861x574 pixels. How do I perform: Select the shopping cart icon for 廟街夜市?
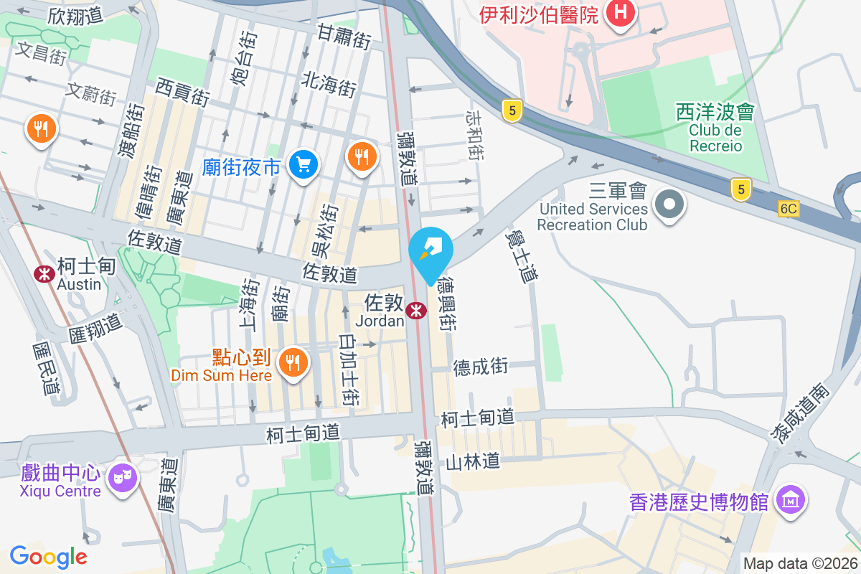point(303,166)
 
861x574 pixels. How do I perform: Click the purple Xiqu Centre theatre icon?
point(122,476)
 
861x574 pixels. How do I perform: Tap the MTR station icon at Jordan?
point(415,311)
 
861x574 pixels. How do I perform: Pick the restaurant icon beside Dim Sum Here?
point(293,362)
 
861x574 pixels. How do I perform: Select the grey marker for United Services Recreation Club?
point(669,204)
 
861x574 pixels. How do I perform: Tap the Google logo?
point(48,556)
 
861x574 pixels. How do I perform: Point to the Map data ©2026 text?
point(800,564)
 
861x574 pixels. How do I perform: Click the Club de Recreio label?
point(715,138)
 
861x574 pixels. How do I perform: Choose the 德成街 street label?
point(481,367)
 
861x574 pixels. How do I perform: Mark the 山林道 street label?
point(473,461)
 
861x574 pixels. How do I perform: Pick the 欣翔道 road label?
point(76,16)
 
